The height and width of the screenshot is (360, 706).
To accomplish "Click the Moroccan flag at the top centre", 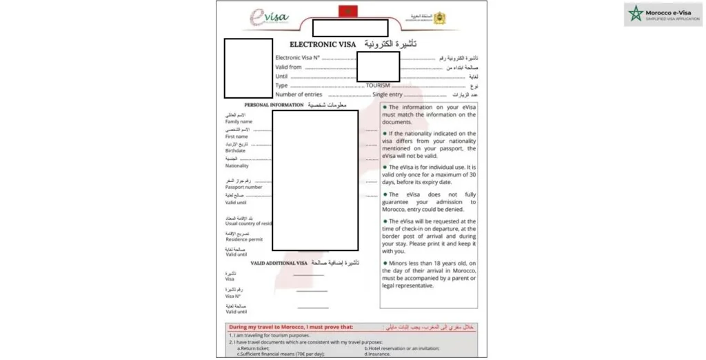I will click(345, 11).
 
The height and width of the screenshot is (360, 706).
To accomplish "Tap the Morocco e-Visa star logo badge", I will click(634, 14).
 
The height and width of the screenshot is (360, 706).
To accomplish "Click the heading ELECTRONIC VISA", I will click(323, 44).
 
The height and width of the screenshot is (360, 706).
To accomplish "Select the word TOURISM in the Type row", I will click(378, 86).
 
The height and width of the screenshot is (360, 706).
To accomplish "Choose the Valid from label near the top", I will click(288, 68).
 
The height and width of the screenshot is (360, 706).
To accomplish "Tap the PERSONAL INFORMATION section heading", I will click(274, 105).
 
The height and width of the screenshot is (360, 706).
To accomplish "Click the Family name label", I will click(239, 121).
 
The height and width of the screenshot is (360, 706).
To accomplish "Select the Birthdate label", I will click(236, 151).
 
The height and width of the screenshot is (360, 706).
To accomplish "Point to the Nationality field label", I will click(237, 166).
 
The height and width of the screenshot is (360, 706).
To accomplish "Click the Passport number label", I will click(243, 188).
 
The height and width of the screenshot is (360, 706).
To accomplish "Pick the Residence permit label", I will click(243, 239).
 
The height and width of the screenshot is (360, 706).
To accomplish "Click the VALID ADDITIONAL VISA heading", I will click(279, 263).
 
